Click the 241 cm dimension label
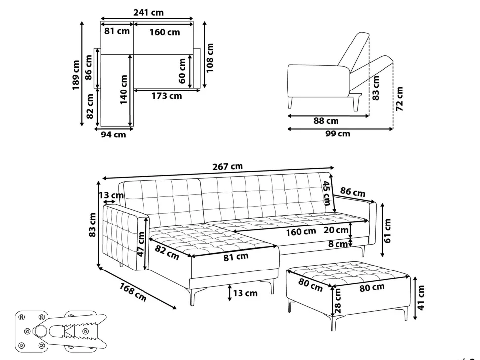point(148,12)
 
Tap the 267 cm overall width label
point(228,166)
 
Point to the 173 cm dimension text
point(167,96)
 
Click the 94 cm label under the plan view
point(114,135)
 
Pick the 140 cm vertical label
point(123,90)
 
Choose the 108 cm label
point(210,58)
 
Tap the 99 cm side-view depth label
point(337,134)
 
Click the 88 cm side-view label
point(326,121)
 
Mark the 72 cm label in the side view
point(399,99)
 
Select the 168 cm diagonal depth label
point(133,292)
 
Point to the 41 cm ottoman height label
point(421,298)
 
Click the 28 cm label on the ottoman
point(337,301)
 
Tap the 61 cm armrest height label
point(387,230)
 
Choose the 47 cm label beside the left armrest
point(141,244)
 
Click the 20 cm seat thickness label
point(336,230)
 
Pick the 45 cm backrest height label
point(326,193)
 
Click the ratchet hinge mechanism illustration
point(61,330)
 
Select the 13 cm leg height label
point(245,293)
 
